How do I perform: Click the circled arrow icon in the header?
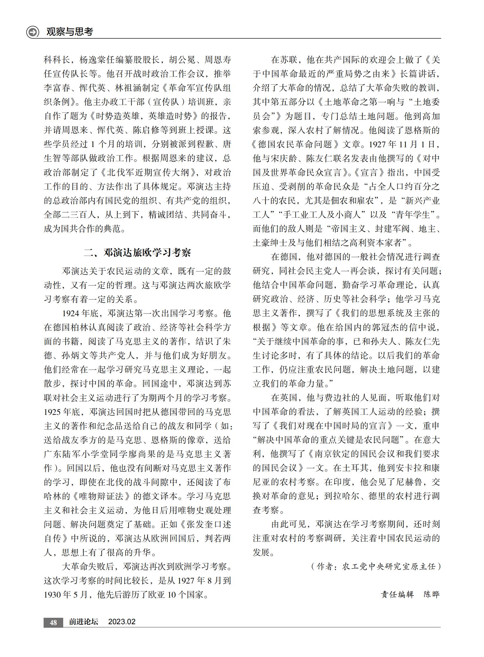click(x=32, y=32)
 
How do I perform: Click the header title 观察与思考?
click(x=70, y=32)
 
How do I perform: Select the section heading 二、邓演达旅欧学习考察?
click(x=138, y=252)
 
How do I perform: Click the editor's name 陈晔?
click(x=432, y=595)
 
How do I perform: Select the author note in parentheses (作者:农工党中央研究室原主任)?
click(x=376, y=567)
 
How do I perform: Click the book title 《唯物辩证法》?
click(x=102, y=496)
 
